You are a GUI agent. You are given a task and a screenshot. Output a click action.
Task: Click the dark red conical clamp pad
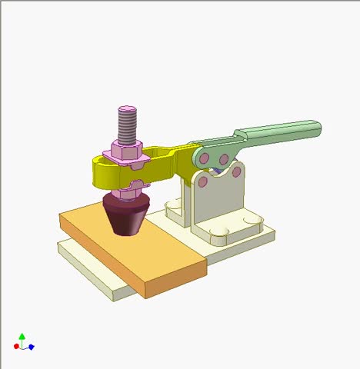pos(126,214)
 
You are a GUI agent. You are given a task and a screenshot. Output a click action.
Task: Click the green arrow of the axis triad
pos(22,337)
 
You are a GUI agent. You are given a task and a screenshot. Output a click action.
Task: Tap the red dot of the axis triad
pos(16,347)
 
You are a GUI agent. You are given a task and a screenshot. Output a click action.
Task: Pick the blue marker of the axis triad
pos(31,347)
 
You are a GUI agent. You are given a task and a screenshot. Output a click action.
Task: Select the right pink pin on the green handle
pos(224,159)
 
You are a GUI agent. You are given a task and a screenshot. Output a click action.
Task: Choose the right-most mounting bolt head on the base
pos(251,221)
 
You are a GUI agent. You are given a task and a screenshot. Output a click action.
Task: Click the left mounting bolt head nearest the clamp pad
pos(171,205)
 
